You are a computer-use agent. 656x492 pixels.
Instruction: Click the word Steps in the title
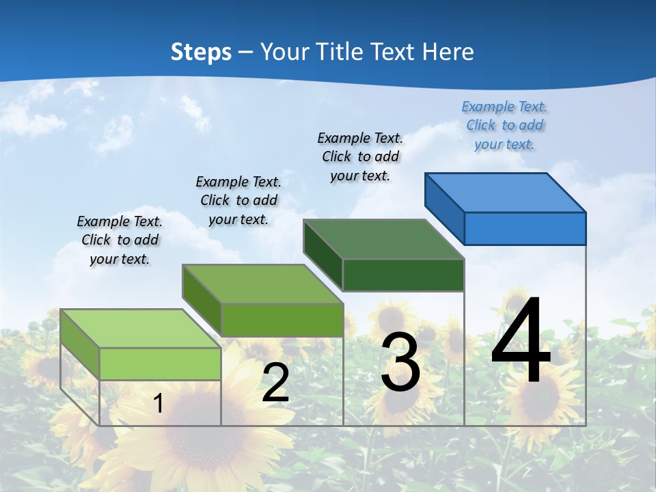tap(201, 52)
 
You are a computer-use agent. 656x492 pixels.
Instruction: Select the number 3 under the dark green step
tap(400, 362)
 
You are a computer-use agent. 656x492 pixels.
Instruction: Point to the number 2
tap(275, 383)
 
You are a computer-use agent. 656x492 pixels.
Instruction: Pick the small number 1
tap(158, 403)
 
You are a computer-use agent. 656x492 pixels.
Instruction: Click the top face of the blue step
tap(506, 193)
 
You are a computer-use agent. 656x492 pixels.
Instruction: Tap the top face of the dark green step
tap(384, 239)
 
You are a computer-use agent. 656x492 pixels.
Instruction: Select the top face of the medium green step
tap(262, 284)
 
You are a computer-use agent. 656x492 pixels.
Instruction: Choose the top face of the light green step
tap(141, 329)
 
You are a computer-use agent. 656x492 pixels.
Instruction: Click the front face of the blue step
tap(525, 228)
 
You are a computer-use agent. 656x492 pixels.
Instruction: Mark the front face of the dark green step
tap(403, 275)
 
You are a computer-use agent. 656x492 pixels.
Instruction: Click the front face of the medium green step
tap(282, 320)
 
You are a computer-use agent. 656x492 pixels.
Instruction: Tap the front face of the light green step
tap(160, 364)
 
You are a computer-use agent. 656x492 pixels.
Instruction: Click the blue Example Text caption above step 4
tap(504, 125)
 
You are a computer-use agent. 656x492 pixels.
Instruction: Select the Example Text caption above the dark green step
tap(360, 156)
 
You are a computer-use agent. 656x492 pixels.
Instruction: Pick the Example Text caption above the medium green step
tap(238, 200)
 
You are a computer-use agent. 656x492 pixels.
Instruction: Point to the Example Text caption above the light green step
tap(120, 240)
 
